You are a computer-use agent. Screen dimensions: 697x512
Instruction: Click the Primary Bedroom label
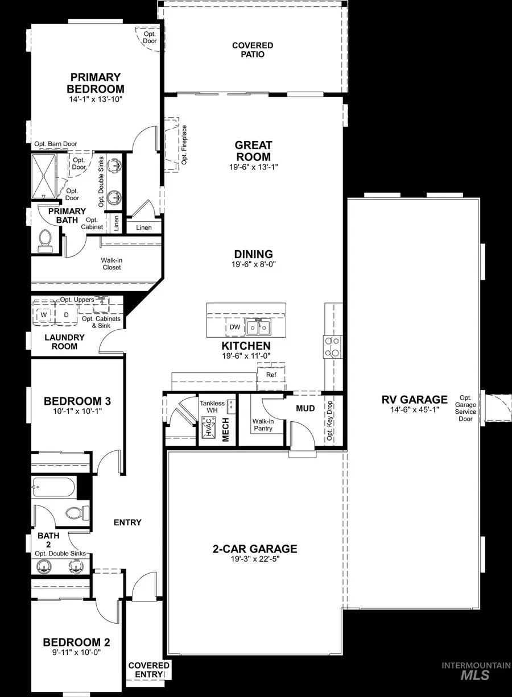click(x=95, y=83)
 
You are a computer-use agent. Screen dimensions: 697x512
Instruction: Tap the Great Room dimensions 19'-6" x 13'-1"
click(x=254, y=168)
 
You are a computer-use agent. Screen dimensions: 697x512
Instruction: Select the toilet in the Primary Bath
click(x=44, y=240)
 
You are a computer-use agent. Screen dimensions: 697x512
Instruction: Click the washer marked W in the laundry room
click(x=44, y=314)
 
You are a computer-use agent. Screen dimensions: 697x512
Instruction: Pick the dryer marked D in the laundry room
click(x=66, y=314)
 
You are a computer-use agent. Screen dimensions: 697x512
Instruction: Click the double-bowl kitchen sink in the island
click(x=258, y=327)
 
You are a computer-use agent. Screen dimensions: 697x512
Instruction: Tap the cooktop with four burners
click(x=333, y=346)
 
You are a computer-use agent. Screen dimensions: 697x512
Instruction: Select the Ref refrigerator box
click(x=271, y=375)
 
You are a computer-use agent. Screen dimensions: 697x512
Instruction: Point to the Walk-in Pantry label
click(x=262, y=425)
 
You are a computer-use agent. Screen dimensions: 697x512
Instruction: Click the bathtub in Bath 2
click(x=54, y=487)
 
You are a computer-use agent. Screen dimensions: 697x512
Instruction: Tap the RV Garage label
click(x=414, y=400)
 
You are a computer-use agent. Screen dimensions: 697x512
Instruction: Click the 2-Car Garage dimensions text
click(x=254, y=559)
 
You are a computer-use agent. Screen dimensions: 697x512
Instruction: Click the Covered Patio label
click(x=253, y=50)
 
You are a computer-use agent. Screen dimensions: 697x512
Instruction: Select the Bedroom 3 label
click(x=77, y=401)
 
